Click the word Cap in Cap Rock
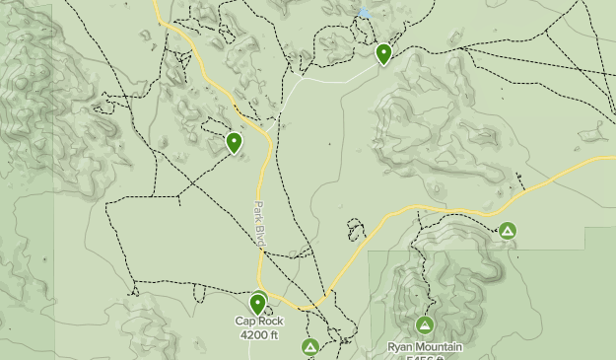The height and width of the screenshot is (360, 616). tap(244, 322)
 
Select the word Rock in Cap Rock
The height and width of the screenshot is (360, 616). tap(270, 322)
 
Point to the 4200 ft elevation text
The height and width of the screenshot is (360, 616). tap(258, 335)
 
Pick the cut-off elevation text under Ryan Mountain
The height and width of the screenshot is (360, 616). tap(425, 357)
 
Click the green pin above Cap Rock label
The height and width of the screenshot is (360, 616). tap(258, 304)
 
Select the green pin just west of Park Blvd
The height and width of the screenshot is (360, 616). tap(235, 142)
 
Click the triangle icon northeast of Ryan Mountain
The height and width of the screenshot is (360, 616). tap(508, 232)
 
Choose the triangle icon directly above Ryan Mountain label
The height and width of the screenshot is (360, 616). tap(425, 325)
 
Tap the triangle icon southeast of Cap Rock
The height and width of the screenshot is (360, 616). tap(310, 347)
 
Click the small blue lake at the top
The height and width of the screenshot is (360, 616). tap(365, 13)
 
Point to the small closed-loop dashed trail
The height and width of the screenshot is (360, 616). tap(355, 231)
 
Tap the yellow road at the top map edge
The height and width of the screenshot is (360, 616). tap(157, 5)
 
